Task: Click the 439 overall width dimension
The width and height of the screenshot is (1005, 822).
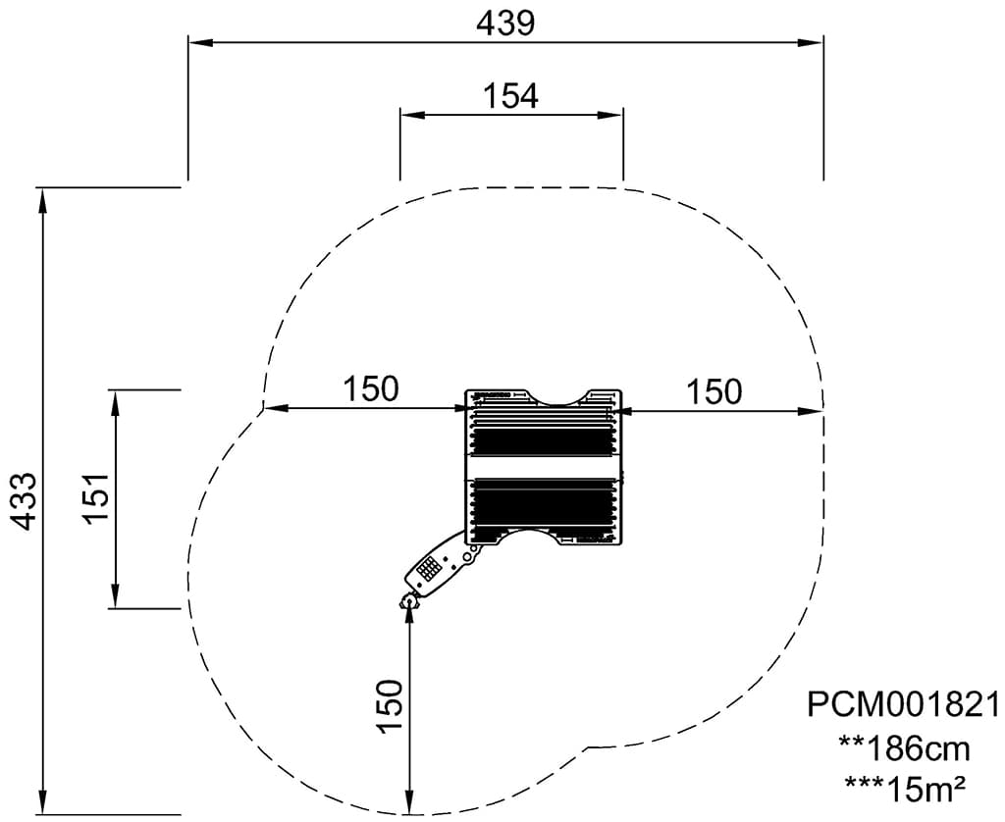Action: (x=505, y=24)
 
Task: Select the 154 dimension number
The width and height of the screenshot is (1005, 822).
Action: (x=510, y=96)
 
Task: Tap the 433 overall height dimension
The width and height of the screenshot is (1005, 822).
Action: (x=25, y=501)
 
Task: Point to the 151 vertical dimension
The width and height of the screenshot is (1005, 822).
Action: (x=96, y=499)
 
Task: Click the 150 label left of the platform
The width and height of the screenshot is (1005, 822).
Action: (x=371, y=388)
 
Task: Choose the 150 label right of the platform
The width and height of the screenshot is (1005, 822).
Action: (x=714, y=390)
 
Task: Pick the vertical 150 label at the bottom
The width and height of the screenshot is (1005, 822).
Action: (x=389, y=706)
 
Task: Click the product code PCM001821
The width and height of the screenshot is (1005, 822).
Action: (x=903, y=704)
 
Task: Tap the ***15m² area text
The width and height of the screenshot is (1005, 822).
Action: (x=905, y=790)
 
